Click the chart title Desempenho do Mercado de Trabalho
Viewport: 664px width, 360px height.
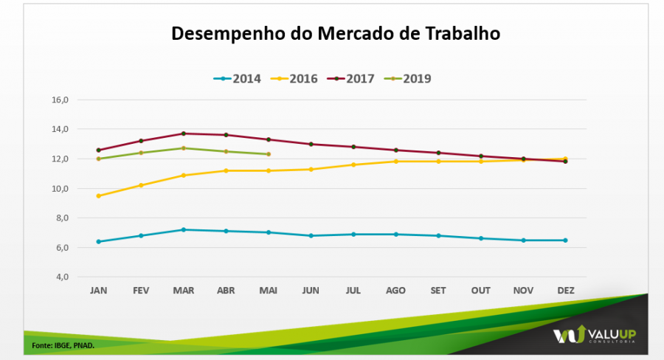pos(336,34)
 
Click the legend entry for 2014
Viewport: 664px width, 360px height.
pos(238,79)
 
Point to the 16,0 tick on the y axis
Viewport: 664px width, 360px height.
pos(60,100)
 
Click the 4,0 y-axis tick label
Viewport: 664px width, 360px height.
pos(60,277)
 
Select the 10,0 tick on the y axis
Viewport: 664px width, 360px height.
pos(60,188)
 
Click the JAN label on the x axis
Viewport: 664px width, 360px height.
pos(98,291)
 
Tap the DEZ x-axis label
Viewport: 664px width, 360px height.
pos(565,291)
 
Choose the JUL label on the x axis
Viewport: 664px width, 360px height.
pos(353,291)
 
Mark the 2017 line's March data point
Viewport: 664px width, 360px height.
pos(184,134)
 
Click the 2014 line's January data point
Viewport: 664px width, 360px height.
pos(98,241)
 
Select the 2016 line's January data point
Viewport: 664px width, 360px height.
pos(98,195)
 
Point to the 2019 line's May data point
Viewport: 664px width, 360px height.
pos(269,154)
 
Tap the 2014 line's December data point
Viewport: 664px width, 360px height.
pos(565,240)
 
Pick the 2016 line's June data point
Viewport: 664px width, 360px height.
pos(311,169)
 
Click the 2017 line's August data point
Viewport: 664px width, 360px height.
pos(395,150)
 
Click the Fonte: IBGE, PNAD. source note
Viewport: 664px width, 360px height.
pos(63,345)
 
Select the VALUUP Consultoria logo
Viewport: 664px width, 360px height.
pos(595,336)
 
